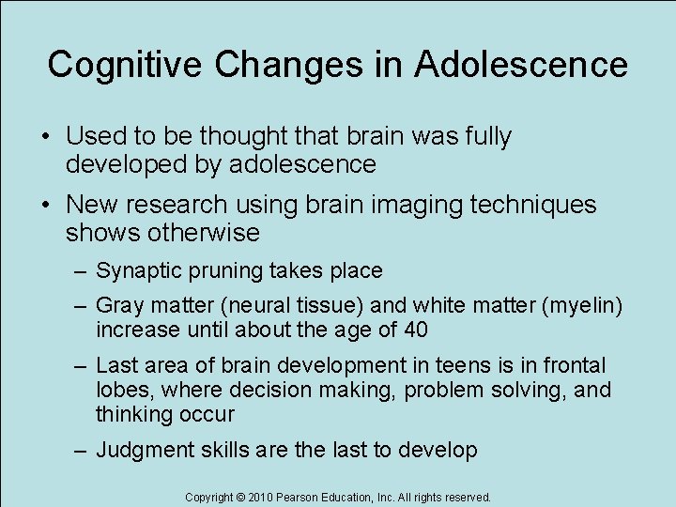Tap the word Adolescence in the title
coord(521,65)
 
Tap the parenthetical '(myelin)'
coord(580,306)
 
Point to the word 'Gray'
coord(119,306)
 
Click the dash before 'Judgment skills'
coord(83,451)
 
